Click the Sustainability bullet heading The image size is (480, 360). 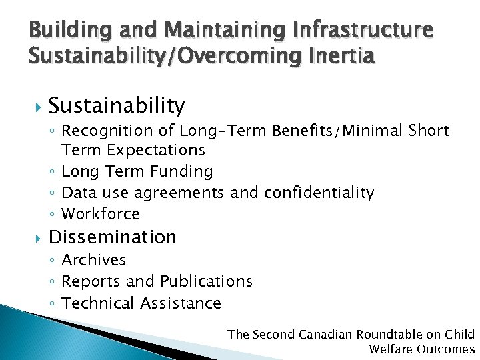click(117, 105)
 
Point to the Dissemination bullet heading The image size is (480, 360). click(112, 237)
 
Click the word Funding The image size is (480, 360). click(182, 171)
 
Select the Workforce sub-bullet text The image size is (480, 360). click(101, 214)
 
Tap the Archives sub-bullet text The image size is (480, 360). click(93, 260)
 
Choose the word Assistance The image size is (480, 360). click(181, 303)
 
